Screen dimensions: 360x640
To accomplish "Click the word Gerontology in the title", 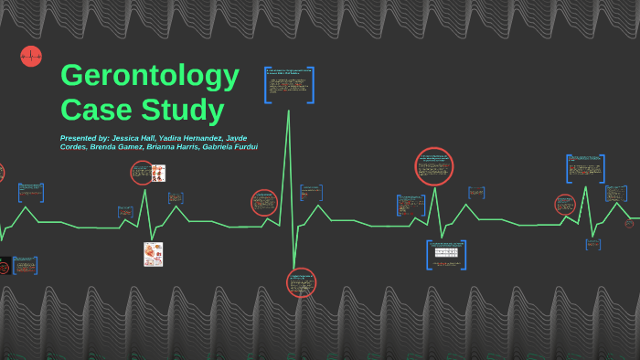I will (150, 76).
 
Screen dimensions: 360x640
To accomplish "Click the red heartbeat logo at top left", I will (30, 57).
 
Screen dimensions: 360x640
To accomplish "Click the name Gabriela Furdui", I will (229, 147).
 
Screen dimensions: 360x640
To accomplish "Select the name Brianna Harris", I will (174, 147).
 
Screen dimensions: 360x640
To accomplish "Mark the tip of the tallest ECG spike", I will (290, 111).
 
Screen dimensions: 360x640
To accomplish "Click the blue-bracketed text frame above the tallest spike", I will (289, 85).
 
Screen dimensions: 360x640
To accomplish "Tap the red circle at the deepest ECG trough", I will (301, 281).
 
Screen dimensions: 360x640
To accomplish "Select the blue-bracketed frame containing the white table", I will (446, 254).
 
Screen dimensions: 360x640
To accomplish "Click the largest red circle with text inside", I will (435, 166).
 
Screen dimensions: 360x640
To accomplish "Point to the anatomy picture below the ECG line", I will (153, 254).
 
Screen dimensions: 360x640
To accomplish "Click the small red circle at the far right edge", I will (633, 222).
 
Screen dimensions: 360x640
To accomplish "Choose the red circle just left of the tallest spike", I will (264, 203).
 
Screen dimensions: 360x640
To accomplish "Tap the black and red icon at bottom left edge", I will (4, 266).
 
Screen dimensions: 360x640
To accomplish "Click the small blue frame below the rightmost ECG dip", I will (594, 243).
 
